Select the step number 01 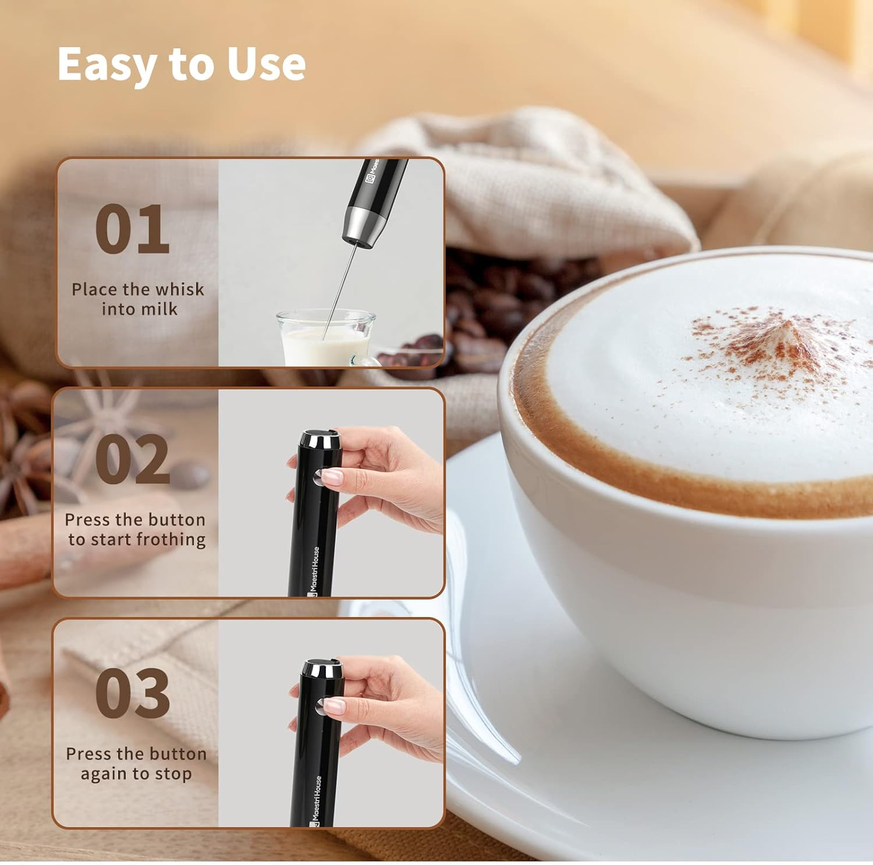pyautogui.click(x=132, y=229)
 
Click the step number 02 pyautogui.click(x=132, y=460)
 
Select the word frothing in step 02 pyautogui.click(x=171, y=540)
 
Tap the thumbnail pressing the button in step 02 pyautogui.click(x=332, y=477)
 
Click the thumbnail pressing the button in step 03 pyautogui.click(x=335, y=706)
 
